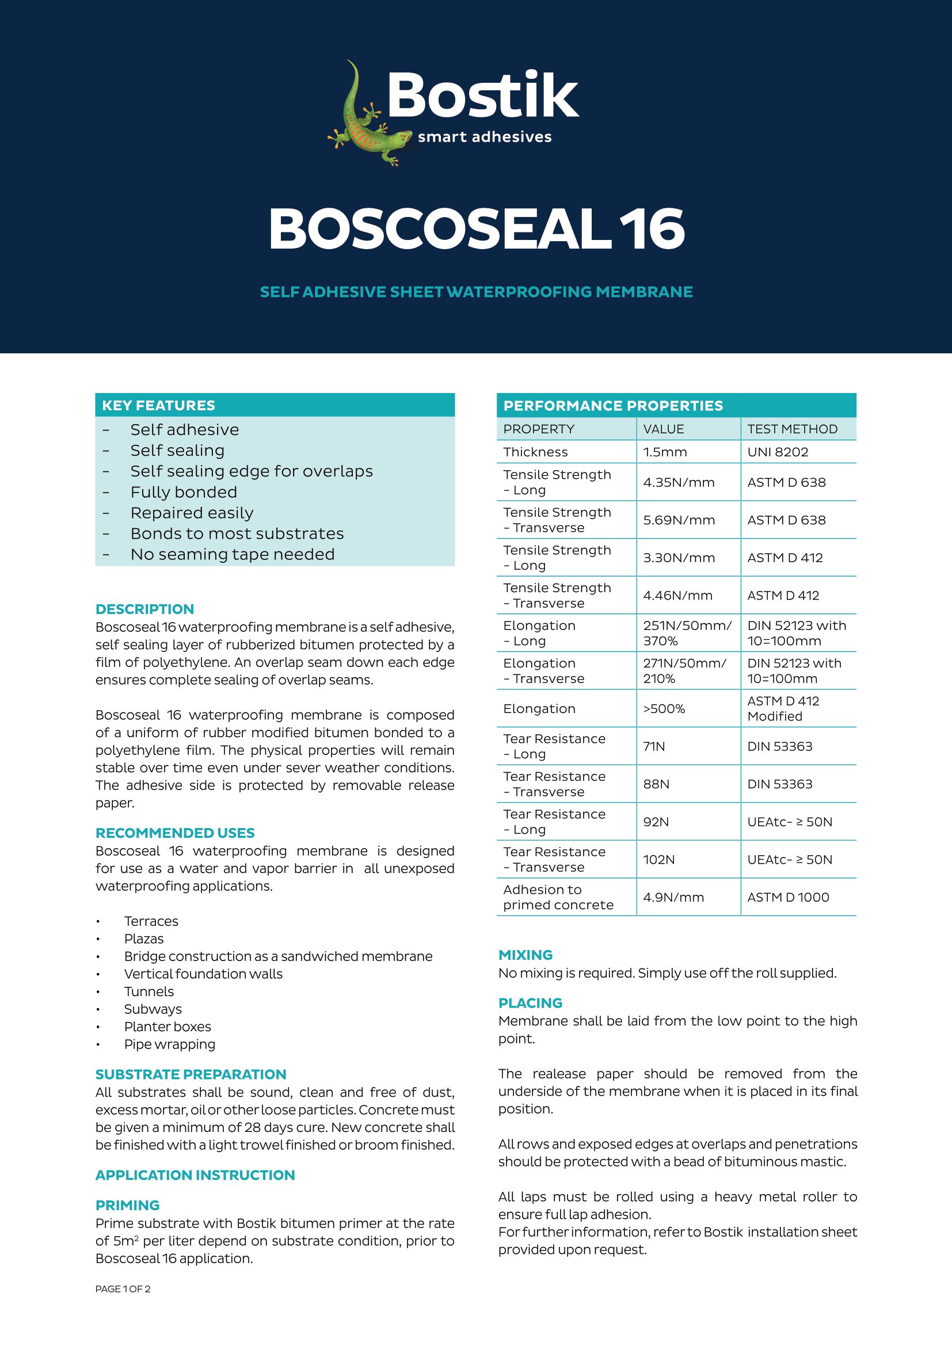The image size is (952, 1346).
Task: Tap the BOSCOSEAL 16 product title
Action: pos(476,229)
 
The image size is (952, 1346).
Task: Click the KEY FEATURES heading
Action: pos(158,405)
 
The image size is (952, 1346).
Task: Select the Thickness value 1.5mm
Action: pos(665,452)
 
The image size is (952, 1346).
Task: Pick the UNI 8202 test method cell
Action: pos(777,452)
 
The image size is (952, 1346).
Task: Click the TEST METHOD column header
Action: pos(792,429)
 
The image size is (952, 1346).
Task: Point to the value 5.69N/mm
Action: pos(679,520)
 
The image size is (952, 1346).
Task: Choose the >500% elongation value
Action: pos(664,709)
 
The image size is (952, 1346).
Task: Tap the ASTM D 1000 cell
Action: pos(788,897)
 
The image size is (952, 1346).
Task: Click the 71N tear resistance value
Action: pos(654,746)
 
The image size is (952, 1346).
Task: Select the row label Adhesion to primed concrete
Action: pos(558,897)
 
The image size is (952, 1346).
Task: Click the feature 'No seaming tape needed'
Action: pos(232,555)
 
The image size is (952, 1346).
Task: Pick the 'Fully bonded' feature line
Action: pos(184,493)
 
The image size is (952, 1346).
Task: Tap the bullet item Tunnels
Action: pos(149,992)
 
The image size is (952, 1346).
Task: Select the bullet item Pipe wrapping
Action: pos(169,1044)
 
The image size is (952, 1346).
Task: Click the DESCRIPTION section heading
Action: pos(144,609)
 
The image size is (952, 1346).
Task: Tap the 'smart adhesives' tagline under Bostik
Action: pos(484,137)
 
